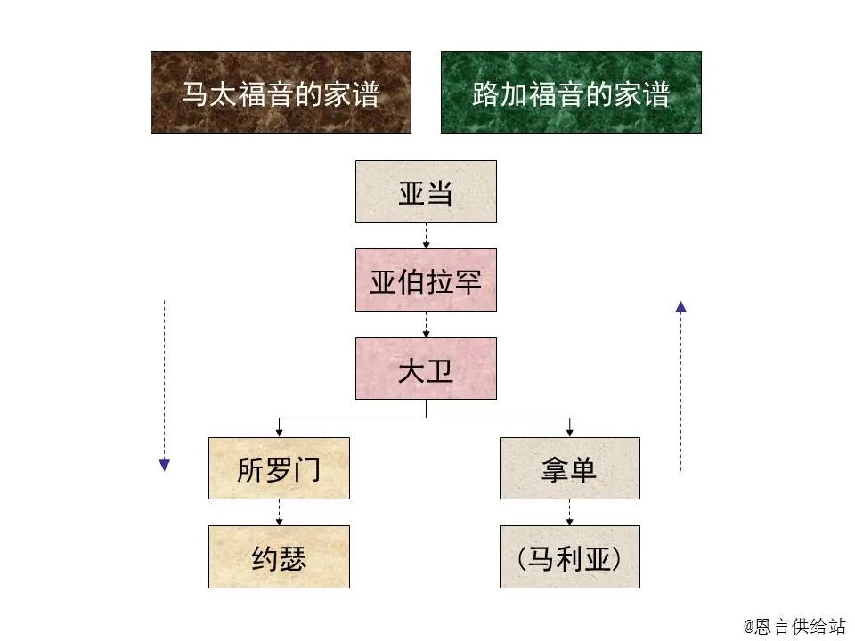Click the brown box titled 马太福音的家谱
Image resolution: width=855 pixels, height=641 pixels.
(x=281, y=92)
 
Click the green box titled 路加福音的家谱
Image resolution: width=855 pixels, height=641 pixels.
(x=571, y=92)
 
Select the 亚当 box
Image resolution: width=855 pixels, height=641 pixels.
(x=426, y=191)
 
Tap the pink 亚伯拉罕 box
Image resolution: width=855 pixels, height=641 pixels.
(x=426, y=280)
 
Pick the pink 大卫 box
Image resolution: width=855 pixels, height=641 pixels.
(x=426, y=369)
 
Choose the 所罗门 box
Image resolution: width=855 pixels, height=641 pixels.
(x=279, y=468)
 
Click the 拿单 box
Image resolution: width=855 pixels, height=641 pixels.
(x=569, y=468)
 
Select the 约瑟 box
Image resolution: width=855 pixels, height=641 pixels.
(x=279, y=556)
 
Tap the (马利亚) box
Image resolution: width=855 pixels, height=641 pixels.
(x=569, y=556)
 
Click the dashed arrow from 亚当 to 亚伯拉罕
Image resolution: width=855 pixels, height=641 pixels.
(x=426, y=235)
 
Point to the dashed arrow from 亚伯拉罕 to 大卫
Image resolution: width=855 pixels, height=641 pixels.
(x=426, y=324)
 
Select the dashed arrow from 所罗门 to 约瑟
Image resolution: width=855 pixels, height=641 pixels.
(x=279, y=512)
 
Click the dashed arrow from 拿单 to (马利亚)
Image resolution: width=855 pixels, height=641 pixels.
(x=569, y=512)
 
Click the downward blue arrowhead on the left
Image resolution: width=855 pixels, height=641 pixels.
(x=164, y=465)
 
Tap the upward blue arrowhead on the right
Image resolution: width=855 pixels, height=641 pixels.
(x=680, y=307)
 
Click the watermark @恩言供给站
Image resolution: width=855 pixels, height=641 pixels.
(x=794, y=626)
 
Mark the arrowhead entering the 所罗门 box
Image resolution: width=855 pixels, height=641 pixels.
(x=279, y=433)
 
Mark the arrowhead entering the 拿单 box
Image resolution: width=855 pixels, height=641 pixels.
(x=569, y=433)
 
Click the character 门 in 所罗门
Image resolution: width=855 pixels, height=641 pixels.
(x=307, y=469)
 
